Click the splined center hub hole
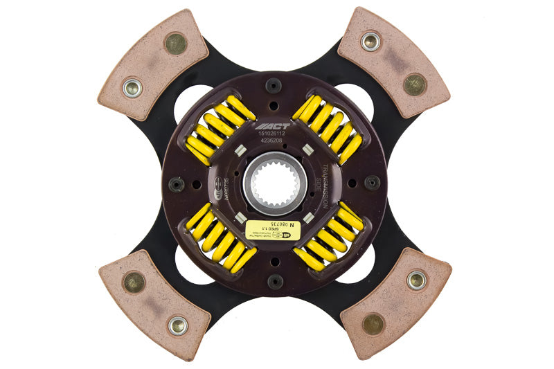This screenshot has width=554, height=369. click(x=275, y=183)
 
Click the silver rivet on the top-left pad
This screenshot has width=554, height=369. click(x=132, y=88)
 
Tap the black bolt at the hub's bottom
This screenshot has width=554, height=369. click(x=275, y=281)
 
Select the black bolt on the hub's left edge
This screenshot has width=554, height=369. click(x=177, y=184)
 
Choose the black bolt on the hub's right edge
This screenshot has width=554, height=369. click(x=373, y=183)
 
